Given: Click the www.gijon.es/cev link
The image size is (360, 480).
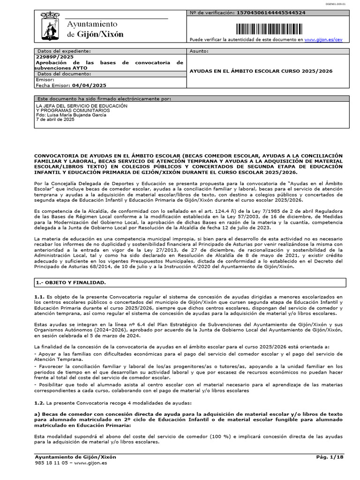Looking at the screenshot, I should pos(323,40).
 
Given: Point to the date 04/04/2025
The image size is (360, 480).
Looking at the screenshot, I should pos(89,85).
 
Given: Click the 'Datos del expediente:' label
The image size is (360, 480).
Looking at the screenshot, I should pos(64,51).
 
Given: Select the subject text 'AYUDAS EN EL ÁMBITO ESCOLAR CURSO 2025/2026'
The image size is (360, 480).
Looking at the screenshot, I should pos(260,71).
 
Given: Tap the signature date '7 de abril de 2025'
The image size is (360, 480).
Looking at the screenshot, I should pos(55,120).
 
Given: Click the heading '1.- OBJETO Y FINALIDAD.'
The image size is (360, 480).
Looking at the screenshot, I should pos(71,283).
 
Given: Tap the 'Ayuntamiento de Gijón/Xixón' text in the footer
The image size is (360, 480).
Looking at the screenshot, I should pos(75,457).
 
